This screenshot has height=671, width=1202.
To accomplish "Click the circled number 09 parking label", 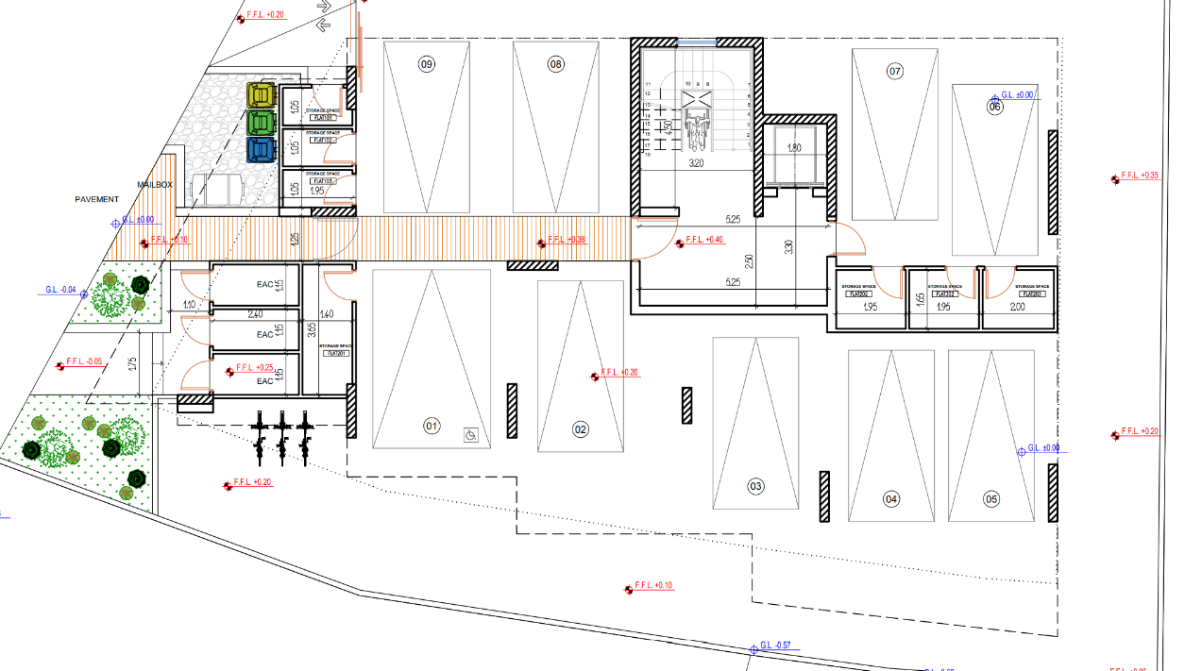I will click(x=427, y=64).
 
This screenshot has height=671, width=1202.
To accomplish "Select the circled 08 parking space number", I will click(x=555, y=64).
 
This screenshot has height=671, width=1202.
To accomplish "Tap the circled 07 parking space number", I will click(x=895, y=71).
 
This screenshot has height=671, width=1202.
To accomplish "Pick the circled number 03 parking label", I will click(x=755, y=487).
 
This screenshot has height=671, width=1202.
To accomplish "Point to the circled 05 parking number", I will click(x=990, y=498).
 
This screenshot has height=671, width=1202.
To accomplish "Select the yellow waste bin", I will click(x=261, y=95).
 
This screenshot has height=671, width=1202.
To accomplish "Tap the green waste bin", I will click(x=261, y=123).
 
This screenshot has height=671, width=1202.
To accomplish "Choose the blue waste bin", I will click(x=261, y=150).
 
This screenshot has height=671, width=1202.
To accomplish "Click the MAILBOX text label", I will click(x=155, y=185).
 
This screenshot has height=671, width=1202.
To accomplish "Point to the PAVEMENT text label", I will click(x=97, y=199).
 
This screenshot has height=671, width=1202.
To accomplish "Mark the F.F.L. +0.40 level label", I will click(x=704, y=240).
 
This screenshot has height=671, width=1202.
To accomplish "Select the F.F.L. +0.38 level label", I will click(x=567, y=240).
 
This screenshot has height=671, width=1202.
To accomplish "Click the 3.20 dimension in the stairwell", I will click(x=696, y=163).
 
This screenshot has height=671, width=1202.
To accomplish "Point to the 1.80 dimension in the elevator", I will click(x=794, y=148).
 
